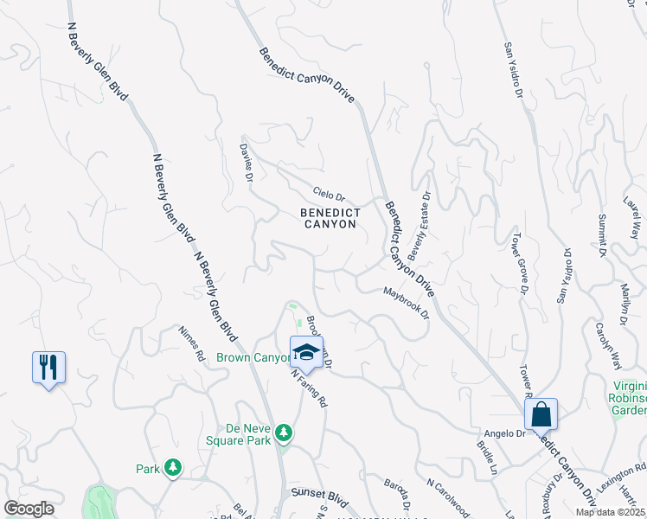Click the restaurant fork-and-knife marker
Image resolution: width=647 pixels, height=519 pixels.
click(x=48, y=368)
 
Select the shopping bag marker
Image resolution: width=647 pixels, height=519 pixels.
click(x=541, y=414)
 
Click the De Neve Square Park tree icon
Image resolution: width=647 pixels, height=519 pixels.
click(x=283, y=432)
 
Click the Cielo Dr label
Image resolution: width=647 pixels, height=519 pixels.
click(x=329, y=196)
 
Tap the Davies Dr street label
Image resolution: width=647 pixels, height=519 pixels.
click(x=246, y=162)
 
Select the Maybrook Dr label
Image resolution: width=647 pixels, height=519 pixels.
click(x=407, y=304)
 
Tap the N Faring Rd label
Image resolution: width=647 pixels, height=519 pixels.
click(x=310, y=389)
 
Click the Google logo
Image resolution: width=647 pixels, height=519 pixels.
click(x=29, y=509)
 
